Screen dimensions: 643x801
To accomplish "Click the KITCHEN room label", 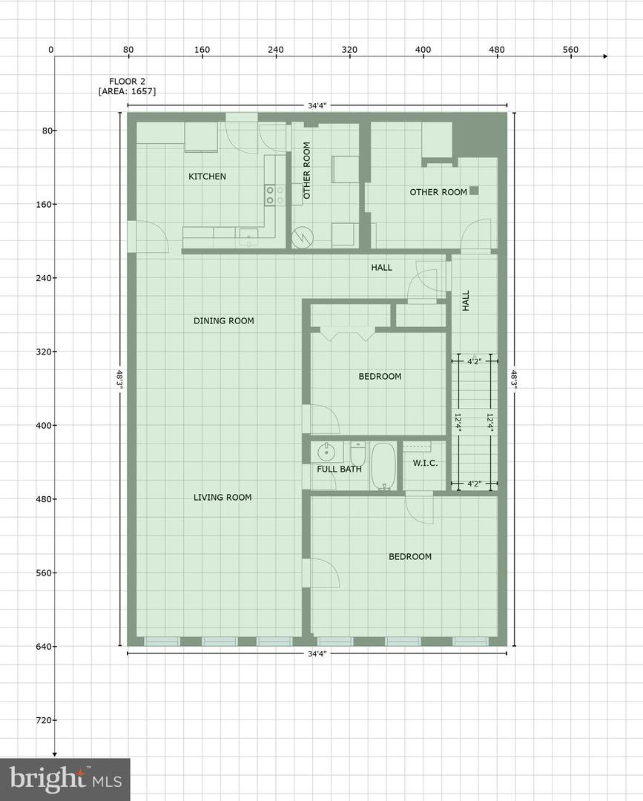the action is [x=207, y=177].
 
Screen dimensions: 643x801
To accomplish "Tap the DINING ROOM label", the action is [x=224, y=321].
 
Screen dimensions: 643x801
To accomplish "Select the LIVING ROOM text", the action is [x=222, y=497].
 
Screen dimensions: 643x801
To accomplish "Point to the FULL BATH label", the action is [x=339, y=469].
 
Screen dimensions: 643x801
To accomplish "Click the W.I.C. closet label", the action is [x=425, y=464].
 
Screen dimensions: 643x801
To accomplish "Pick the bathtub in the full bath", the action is [x=383, y=466].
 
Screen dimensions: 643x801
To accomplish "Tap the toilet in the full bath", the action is [x=357, y=453].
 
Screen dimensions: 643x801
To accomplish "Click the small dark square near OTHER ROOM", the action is [x=474, y=191].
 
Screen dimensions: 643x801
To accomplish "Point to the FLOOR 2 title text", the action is [x=127, y=82].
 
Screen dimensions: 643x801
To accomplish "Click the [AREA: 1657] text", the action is [x=127, y=91].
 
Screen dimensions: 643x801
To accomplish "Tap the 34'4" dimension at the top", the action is [x=317, y=106].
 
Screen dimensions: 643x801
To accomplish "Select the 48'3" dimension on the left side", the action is [x=119, y=380].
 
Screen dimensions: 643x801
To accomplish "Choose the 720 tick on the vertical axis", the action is [x=49, y=720].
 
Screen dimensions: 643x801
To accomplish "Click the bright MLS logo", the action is [x=65, y=779].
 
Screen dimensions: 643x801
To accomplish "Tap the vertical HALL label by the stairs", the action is [x=466, y=301].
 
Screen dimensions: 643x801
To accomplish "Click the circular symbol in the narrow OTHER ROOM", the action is [x=301, y=237].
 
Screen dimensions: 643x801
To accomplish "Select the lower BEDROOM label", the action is [x=410, y=556].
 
